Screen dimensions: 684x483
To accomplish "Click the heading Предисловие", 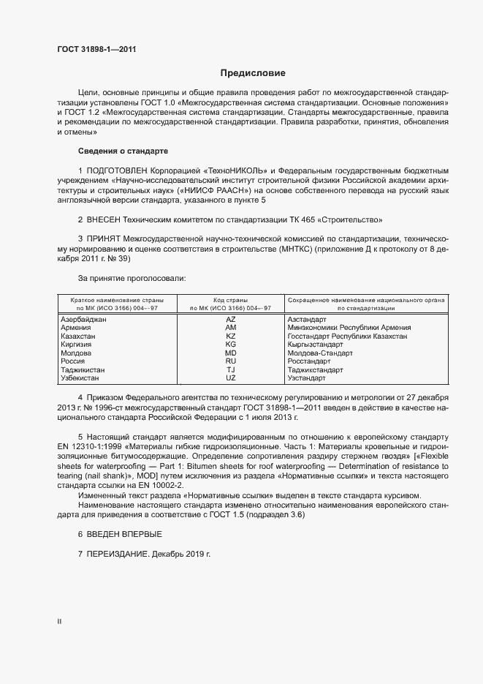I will pos(253,73).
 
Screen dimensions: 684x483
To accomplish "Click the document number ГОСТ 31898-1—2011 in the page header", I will pos(96,50).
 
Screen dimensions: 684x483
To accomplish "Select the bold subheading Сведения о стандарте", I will pos(123,151).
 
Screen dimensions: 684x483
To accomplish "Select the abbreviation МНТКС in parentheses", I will pos(294,249).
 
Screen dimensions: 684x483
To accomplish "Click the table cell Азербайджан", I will pos(83,320).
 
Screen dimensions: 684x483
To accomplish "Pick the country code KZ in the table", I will pos(231,336).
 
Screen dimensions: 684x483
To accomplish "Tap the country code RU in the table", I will pos(231,361).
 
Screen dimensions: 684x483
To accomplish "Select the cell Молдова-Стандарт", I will pos(320,353).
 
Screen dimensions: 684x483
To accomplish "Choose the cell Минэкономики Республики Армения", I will pos(349,328).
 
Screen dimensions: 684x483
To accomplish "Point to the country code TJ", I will pos(231,370).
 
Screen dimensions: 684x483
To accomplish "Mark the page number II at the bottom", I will pos(60,621).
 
